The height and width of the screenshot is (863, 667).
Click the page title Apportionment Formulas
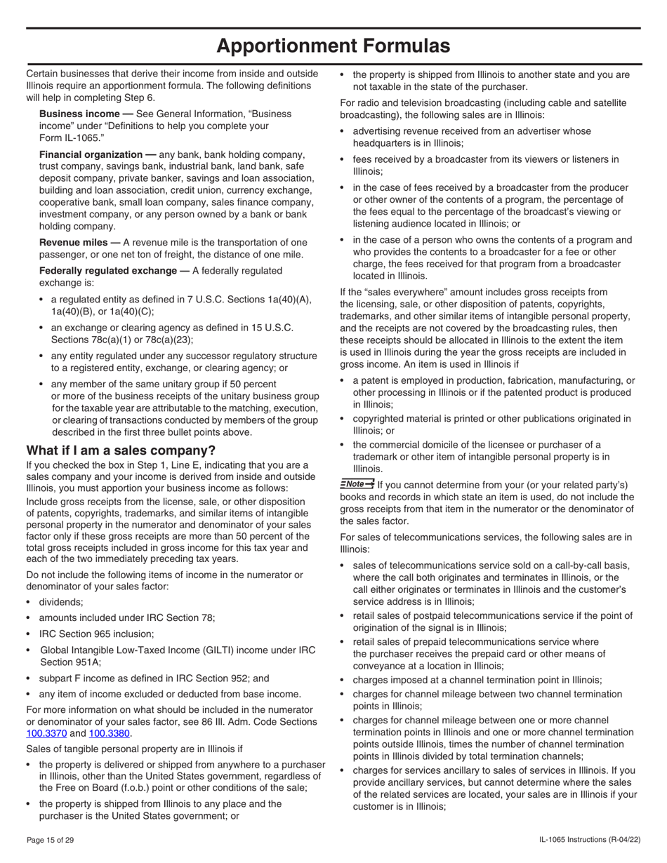click(333, 46)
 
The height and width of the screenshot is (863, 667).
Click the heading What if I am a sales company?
click(121, 450)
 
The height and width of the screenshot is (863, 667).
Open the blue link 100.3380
click(110, 734)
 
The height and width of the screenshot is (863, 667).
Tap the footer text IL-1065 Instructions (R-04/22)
click(589, 841)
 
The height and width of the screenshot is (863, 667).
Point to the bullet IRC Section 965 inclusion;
click(96, 634)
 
